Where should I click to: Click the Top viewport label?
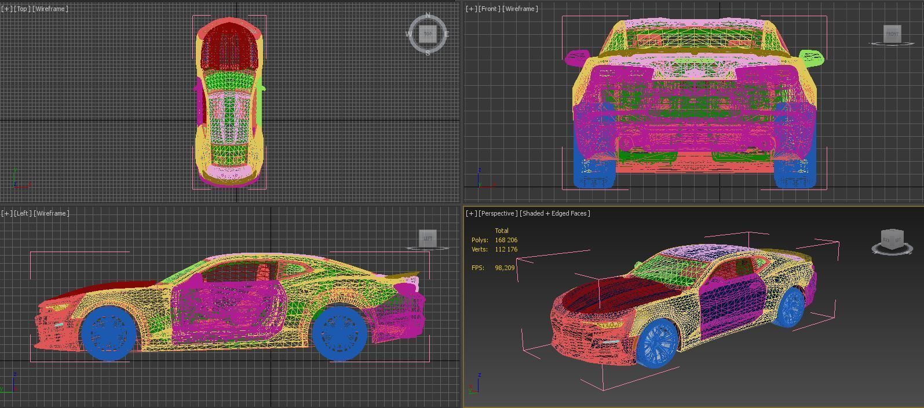(x=23, y=9)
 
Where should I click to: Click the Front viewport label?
(x=489, y=9)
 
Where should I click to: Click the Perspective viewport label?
(x=498, y=213)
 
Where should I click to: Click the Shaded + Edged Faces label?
(x=555, y=213)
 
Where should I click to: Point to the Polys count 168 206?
(x=506, y=240)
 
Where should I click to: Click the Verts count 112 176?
(x=506, y=249)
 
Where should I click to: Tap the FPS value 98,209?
(x=505, y=268)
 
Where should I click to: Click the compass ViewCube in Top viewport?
(x=428, y=34)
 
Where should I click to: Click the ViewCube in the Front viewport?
(x=892, y=34)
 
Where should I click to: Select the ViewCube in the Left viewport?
(x=428, y=238)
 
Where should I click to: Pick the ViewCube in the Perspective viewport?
(x=892, y=239)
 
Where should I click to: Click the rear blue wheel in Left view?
(x=339, y=333)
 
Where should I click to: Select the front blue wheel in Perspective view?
(x=658, y=343)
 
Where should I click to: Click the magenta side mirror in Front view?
(x=576, y=57)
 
